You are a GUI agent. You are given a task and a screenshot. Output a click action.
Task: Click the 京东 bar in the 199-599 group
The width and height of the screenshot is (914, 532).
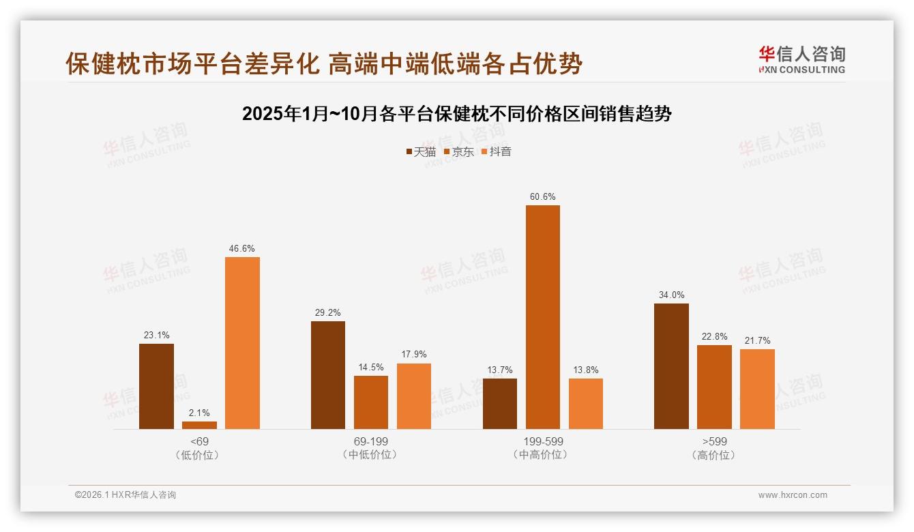pyautogui.click(x=542, y=317)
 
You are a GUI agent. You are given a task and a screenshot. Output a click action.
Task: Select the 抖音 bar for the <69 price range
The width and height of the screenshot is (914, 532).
pyautogui.click(x=242, y=343)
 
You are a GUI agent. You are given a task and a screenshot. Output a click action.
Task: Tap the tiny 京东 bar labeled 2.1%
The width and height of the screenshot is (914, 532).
pyautogui.click(x=199, y=425)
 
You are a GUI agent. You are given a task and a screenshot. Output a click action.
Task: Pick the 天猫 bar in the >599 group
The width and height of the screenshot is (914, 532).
pyautogui.click(x=671, y=366)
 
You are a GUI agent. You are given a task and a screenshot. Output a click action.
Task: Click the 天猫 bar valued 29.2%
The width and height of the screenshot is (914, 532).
pyautogui.click(x=328, y=375)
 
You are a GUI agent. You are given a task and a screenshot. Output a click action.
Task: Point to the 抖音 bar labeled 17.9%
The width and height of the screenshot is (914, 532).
pyautogui.click(x=414, y=396)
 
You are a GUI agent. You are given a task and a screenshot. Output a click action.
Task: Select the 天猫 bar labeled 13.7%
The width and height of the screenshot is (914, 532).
pyautogui.click(x=499, y=404)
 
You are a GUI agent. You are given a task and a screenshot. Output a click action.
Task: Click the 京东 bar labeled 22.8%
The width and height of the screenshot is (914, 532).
pyautogui.click(x=714, y=387)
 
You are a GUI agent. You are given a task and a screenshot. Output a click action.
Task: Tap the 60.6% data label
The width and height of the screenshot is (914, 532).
pyautogui.click(x=542, y=197)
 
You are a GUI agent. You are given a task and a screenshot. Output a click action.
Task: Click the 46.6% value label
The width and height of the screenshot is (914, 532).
pyautogui.click(x=242, y=249)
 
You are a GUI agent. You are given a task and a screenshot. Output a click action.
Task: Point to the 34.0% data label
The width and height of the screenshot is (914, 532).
pyautogui.click(x=671, y=295)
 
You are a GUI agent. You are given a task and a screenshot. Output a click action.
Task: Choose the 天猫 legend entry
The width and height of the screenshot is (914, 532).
pyautogui.click(x=421, y=152)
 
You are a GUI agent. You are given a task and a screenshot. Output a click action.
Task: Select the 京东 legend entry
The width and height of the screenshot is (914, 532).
pyautogui.click(x=458, y=152)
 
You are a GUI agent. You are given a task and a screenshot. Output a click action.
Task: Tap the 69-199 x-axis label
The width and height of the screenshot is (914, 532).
pyautogui.click(x=371, y=442)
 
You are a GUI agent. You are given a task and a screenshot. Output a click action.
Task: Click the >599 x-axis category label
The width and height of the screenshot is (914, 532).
pyautogui.click(x=714, y=442)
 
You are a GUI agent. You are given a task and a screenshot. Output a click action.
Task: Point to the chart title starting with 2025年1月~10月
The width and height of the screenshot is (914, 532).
pyautogui.click(x=457, y=114)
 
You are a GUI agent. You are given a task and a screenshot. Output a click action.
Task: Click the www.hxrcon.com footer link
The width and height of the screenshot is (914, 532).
pyautogui.click(x=793, y=495)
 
